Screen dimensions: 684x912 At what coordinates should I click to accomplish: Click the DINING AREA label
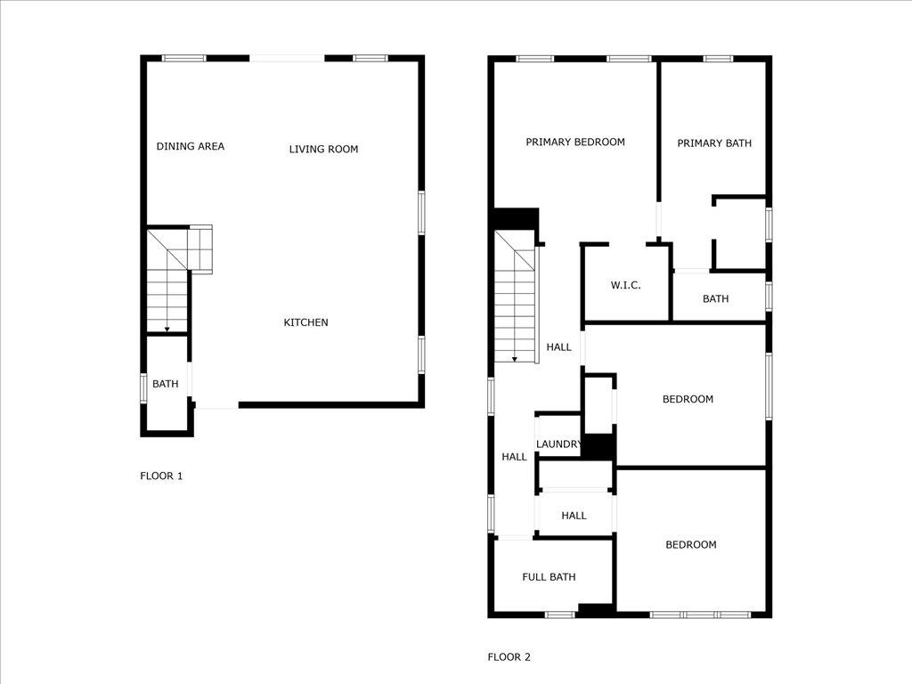[x=191, y=146]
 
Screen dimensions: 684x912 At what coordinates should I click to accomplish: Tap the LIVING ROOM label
[x=323, y=149]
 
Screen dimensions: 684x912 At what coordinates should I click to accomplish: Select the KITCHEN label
[x=305, y=322]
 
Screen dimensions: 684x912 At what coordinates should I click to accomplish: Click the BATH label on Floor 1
[x=165, y=384]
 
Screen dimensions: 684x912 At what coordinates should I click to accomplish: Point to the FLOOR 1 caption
[x=161, y=476]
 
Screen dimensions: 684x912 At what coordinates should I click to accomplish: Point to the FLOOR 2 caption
[x=509, y=657]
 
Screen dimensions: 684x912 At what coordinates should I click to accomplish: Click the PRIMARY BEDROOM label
[x=574, y=142]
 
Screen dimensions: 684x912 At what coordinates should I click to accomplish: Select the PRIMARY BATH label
[x=714, y=142]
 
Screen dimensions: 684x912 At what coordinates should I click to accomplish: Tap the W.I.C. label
[x=625, y=285]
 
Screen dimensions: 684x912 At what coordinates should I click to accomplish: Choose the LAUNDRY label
[x=559, y=444]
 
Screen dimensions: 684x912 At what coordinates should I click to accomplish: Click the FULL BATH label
[x=549, y=577]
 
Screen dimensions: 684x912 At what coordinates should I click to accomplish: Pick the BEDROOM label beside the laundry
[x=688, y=399]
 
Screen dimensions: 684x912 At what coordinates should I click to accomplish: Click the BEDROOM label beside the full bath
[x=691, y=544]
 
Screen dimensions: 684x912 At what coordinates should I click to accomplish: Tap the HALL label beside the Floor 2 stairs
[x=558, y=347]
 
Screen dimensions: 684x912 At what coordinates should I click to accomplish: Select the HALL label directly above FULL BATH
[x=574, y=515]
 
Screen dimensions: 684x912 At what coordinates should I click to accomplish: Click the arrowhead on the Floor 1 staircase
[x=167, y=330]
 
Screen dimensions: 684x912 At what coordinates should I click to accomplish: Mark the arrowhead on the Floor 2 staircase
[x=514, y=359]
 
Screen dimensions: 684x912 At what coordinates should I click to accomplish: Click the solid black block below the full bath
[x=596, y=610]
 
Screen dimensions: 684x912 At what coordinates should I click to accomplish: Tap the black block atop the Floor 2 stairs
[x=517, y=219]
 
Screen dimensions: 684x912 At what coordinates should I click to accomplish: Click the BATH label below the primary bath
[x=715, y=298]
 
